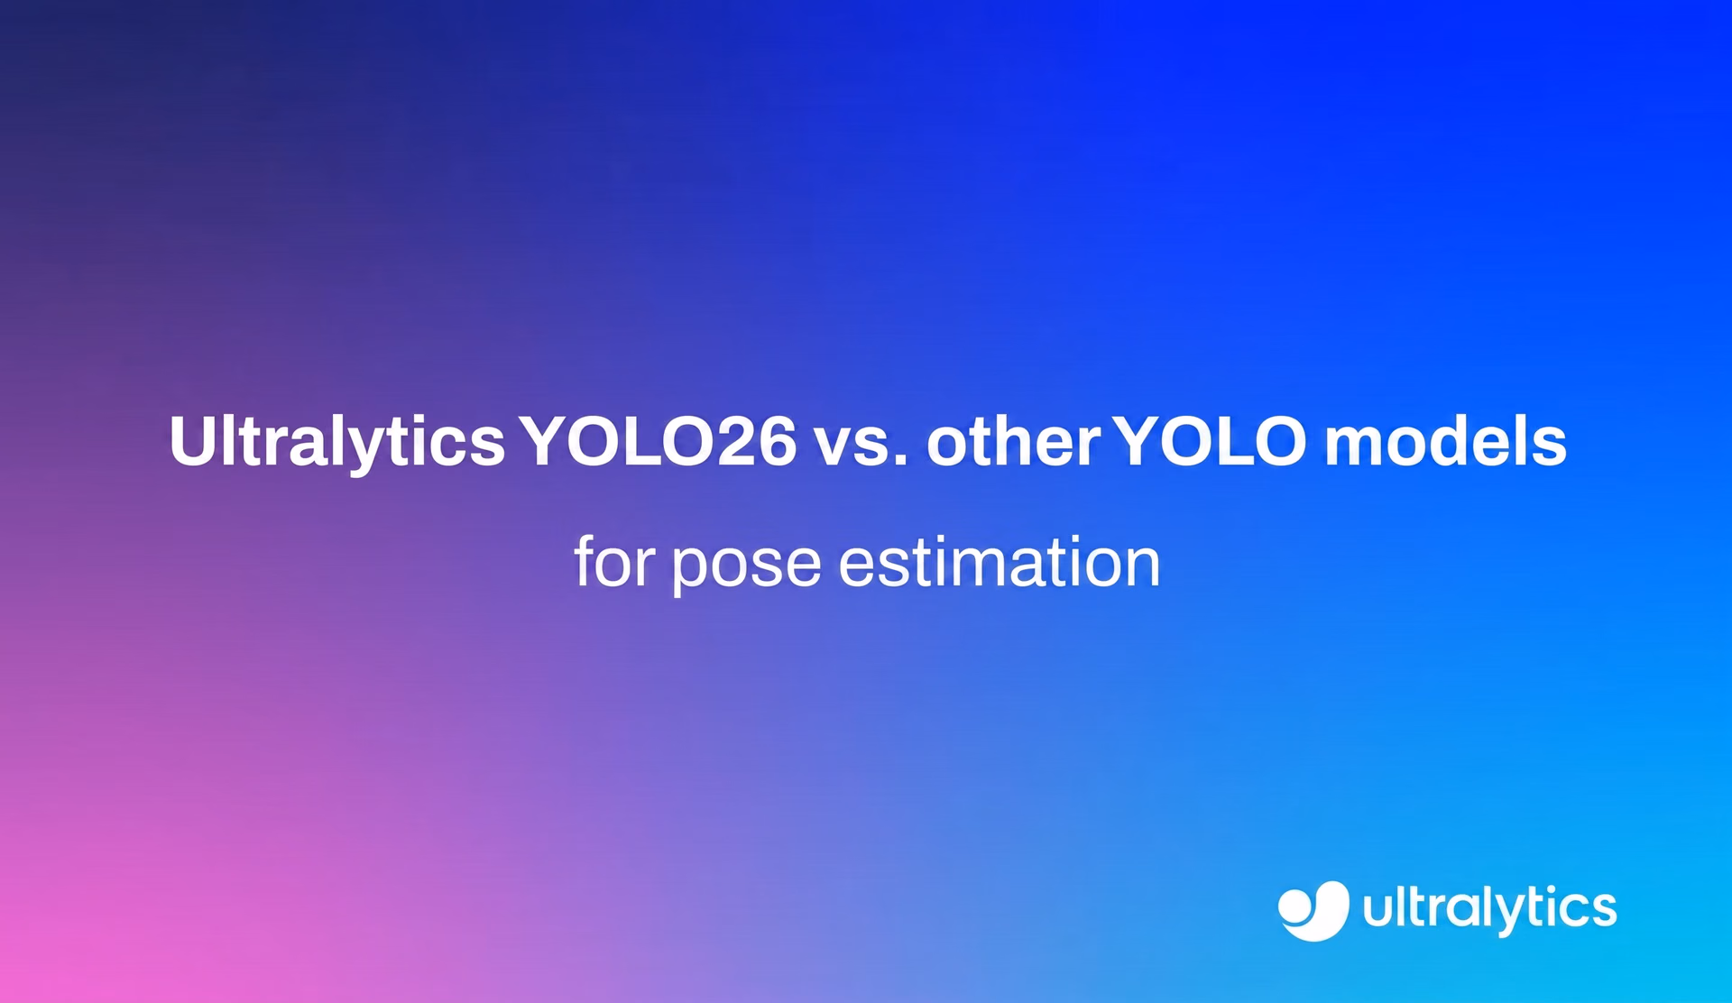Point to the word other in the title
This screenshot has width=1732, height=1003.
pos(1013,442)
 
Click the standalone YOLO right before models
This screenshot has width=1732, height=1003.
pos(1210,441)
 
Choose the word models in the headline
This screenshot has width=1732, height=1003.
pos(1445,441)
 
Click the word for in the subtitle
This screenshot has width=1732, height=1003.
pos(613,561)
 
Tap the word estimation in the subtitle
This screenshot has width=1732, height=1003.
pos(1000,561)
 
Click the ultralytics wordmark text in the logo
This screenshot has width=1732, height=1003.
pos(1489,909)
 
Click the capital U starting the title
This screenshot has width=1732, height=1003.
pos(193,442)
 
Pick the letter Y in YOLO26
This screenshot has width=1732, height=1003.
pos(547,442)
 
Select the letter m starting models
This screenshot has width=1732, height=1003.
pos(1357,447)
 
